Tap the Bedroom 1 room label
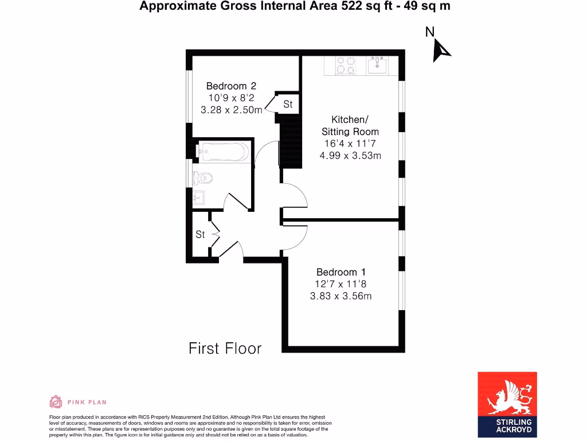[x=341, y=272]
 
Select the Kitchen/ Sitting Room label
[x=350, y=126]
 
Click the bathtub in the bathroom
[x=224, y=152]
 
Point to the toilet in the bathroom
[x=202, y=176]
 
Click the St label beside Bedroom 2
[x=288, y=104]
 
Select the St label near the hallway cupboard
[x=200, y=234]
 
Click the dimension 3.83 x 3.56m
[x=341, y=296]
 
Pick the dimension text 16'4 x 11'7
[x=350, y=144]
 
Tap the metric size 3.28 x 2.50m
[x=232, y=110]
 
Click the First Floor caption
[x=225, y=348]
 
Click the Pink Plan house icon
[x=56, y=402]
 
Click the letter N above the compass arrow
[x=429, y=32]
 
